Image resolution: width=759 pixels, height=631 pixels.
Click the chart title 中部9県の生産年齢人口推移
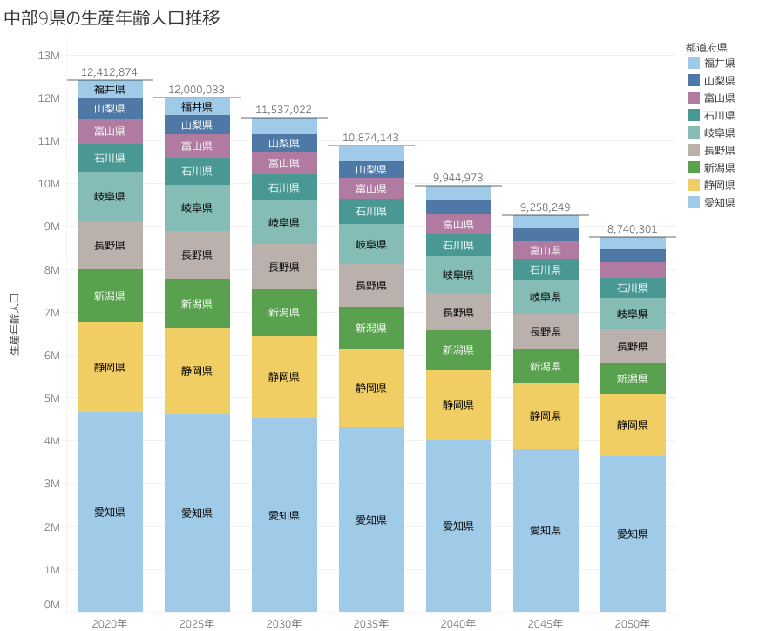pos(112,17)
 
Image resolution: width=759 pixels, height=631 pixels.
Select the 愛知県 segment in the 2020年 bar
pos(110,512)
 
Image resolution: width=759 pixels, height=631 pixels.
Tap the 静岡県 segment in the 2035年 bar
pos(371,388)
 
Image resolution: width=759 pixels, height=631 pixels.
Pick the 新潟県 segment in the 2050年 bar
pos(633,378)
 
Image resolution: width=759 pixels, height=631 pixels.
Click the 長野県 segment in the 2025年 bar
pos(197,254)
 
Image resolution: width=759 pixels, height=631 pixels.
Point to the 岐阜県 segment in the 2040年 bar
pos(458,275)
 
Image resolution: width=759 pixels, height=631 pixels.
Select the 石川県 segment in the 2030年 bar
pos(284,187)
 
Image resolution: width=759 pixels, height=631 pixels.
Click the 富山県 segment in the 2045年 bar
pos(546,250)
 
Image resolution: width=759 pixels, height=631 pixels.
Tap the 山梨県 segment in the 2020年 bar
pos(110,108)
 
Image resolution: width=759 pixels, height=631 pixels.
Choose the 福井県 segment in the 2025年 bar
pos(197,106)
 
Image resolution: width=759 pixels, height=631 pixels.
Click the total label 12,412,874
pos(109,71)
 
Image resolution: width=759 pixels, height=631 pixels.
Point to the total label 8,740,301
pos(633,228)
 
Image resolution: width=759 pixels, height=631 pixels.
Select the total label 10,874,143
pos(370,137)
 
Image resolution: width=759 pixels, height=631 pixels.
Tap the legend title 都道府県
pos(706,47)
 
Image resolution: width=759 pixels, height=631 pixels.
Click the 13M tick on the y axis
pos(49,55)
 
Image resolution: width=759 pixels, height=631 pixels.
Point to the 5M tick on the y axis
pos(49,397)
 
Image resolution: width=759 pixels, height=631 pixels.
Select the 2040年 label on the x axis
pos(458,623)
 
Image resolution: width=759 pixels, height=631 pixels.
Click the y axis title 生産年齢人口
pos(14,324)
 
